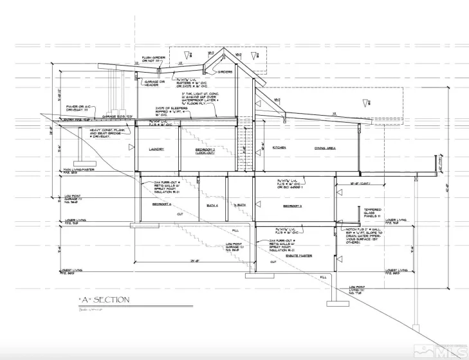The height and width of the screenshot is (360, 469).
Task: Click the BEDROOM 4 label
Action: [161, 204]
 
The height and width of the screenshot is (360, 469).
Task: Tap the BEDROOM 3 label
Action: [291, 206]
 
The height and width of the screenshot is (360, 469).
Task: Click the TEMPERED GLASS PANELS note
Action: [374, 213]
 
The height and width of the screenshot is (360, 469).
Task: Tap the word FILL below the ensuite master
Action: [322, 276]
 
